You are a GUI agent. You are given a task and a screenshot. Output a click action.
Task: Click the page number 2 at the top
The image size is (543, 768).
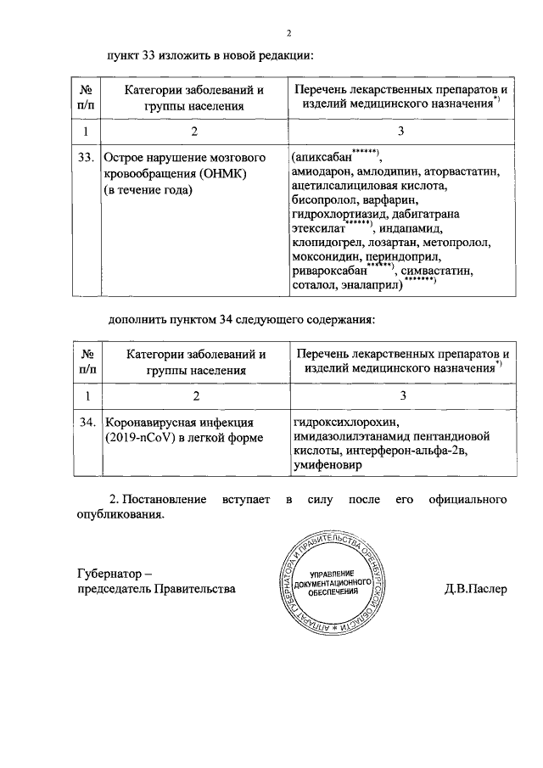(288, 33)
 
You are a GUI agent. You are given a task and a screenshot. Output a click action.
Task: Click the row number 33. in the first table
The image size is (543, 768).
(85, 158)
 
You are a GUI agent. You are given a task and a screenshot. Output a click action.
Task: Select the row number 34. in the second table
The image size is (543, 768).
(85, 423)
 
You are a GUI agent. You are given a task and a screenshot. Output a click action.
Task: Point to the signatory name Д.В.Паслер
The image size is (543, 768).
(475, 588)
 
